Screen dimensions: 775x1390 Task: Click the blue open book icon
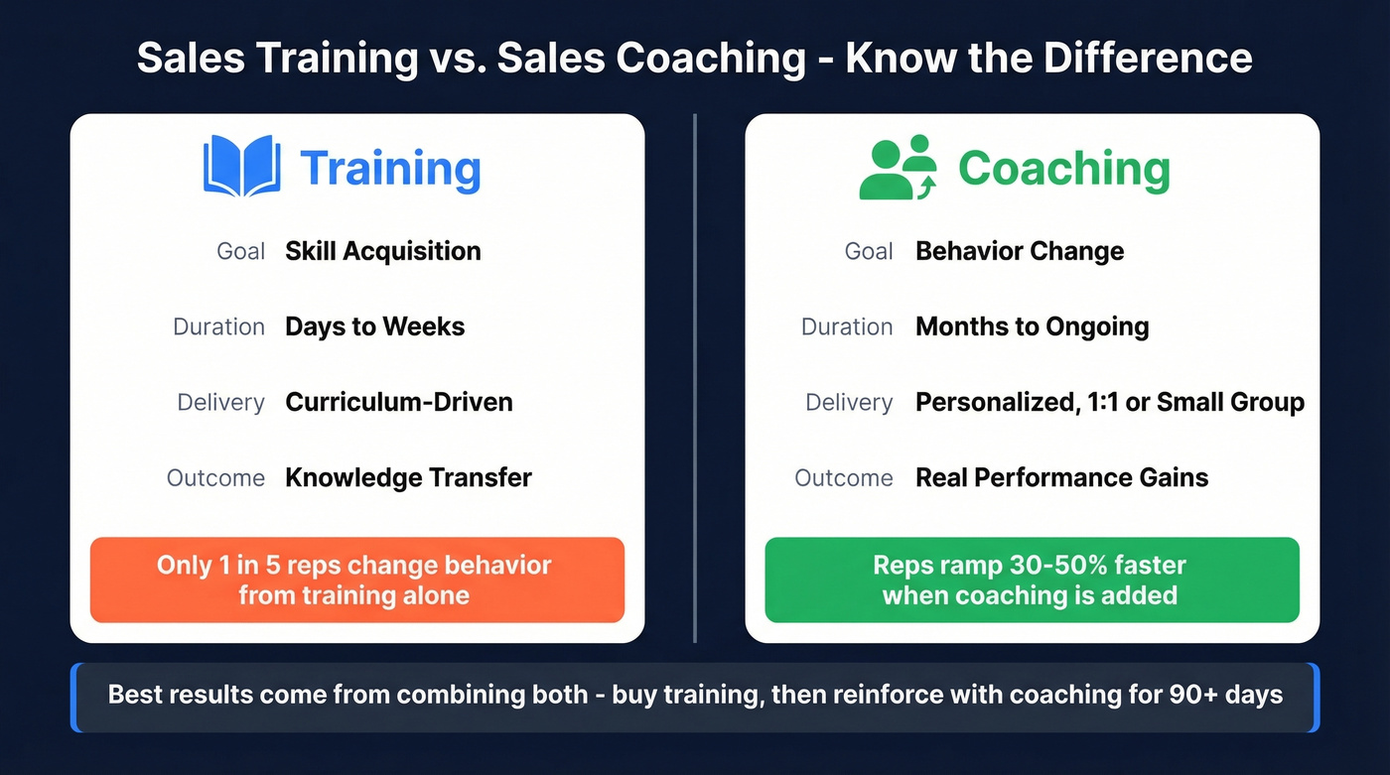(242, 166)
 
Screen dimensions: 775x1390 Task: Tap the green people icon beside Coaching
(898, 168)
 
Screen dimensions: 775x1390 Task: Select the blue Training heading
(390, 169)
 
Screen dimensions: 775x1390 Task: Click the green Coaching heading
(1064, 169)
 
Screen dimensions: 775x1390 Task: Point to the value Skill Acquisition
(383, 251)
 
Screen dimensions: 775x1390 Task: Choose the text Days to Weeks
(375, 326)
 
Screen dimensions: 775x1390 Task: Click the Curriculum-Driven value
(399, 402)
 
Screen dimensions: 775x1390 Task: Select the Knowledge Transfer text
(408, 477)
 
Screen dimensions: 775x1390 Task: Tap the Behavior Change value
(1020, 251)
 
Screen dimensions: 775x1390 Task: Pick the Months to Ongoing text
(1033, 326)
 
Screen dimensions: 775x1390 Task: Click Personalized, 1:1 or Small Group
(1110, 402)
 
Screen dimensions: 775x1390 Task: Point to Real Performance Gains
(1062, 477)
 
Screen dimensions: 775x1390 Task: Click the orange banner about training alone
(356, 580)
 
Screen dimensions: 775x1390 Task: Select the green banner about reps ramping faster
(1032, 580)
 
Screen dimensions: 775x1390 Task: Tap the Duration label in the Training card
(218, 326)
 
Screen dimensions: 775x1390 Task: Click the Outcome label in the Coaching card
(843, 477)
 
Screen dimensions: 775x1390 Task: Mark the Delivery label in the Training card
(220, 402)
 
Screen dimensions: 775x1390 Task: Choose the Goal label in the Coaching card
(869, 251)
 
